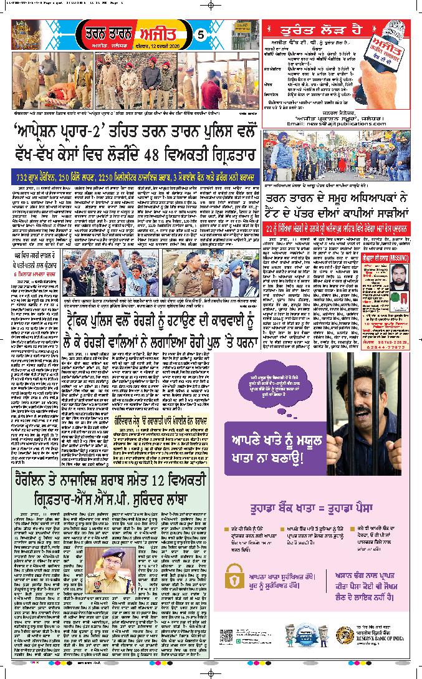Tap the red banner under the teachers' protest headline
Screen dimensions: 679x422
337,229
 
